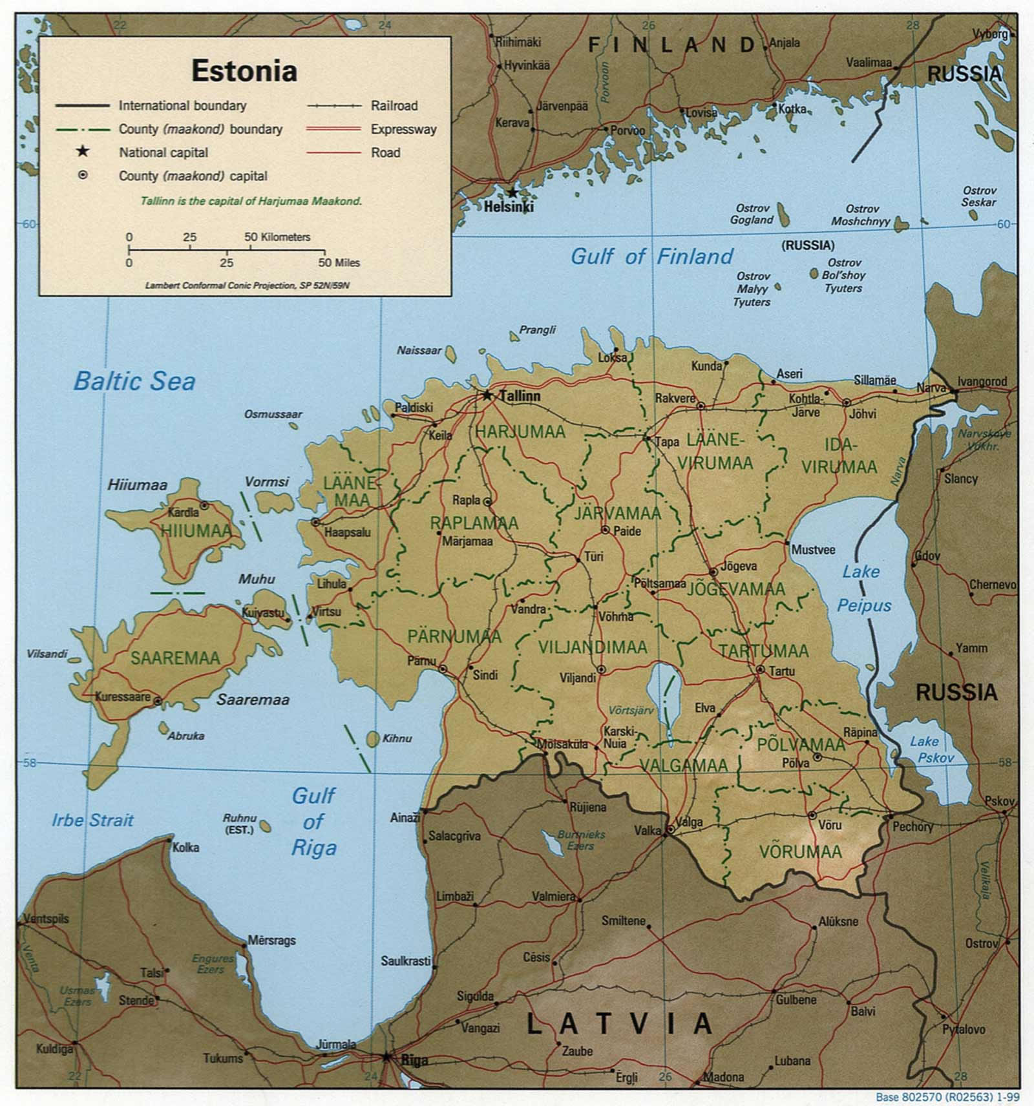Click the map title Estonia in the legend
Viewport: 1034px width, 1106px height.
pyautogui.click(x=244, y=70)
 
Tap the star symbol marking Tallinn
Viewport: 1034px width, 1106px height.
pyautogui.click(x=488, y=395)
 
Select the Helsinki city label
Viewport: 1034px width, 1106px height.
pyautogui.click(x=509, y=207)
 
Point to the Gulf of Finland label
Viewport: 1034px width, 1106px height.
pyautogui.click(x=651, y=256)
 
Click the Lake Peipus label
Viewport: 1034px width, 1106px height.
pyautogui.click(x=863, y=589)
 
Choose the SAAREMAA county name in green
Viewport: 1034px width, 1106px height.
pyautogui.click(x=175, y=658)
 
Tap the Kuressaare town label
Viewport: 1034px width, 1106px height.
pyautogui.click(x=123, y=697)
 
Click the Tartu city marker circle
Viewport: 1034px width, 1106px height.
pyautogui.click(x=760, y=670)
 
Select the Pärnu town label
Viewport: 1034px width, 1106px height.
pyautogui.click(x=421, y=661)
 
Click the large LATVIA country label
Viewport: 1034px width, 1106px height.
pyautogui.click(x=619, y=1024)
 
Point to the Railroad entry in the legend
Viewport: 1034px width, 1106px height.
pyautogui.click(x=394, y=105)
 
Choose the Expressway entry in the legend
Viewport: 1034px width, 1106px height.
pyautogui.click(x=403, y=129)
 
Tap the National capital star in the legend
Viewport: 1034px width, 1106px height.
pyautogui.click(x=83, y=152)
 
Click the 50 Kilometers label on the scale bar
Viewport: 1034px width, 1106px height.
pyautogui.click(x=277, y=237)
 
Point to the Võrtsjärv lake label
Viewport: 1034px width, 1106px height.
pyautogui.click(x=631, y=710)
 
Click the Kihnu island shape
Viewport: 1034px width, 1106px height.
pyautogui.click(x=373, y=738)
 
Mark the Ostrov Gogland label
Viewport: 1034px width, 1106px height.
pyautogui.click(x=752, y=214)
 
